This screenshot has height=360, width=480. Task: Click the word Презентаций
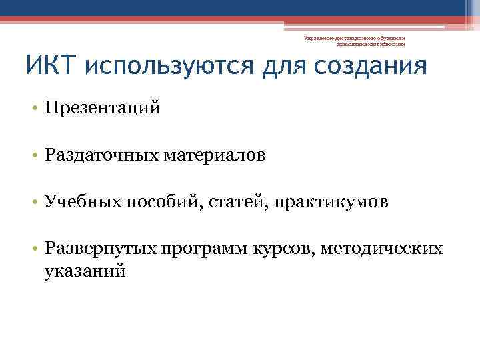[103, 108]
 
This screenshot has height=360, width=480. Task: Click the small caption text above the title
[354, 41]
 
